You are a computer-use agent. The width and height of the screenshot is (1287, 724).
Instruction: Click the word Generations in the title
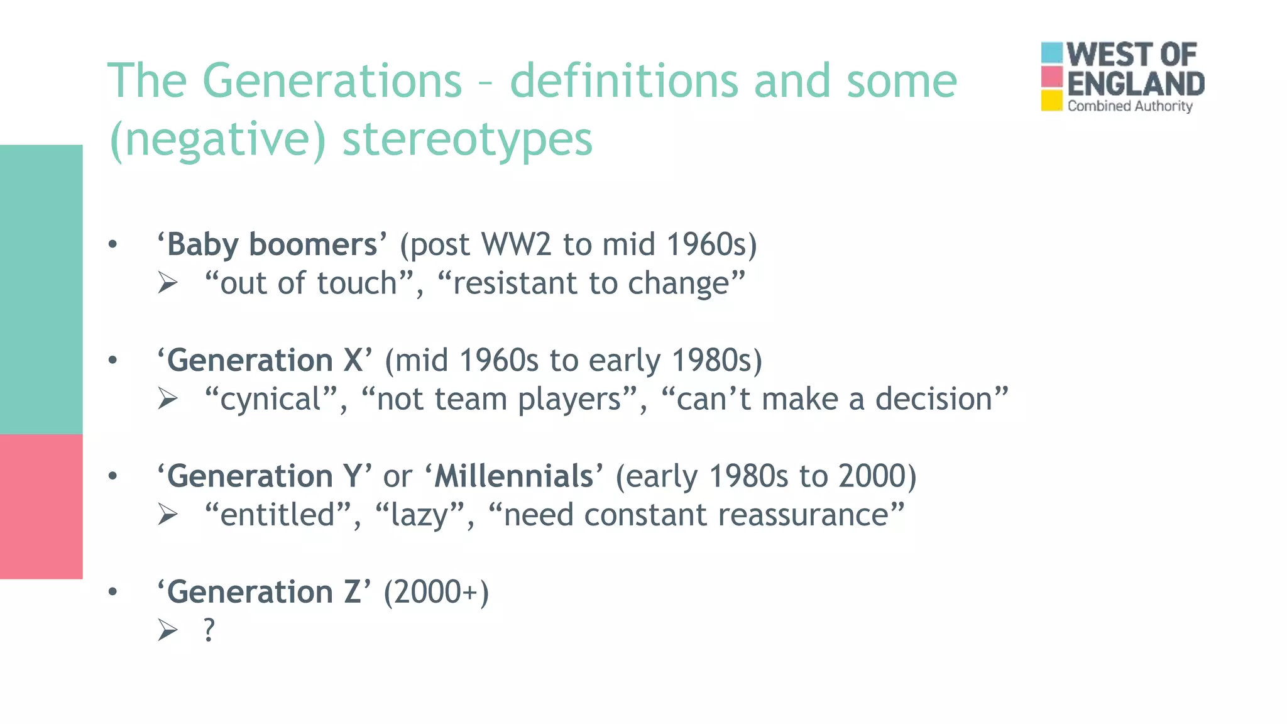tap(332, 82)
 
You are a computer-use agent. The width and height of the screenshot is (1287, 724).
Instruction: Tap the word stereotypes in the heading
tap(467, 140)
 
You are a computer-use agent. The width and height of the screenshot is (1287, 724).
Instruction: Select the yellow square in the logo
tap(1051, 101)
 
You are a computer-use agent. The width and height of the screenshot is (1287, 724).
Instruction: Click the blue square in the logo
tap(1051, 53)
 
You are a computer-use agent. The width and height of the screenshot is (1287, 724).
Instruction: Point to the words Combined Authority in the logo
tap(1129, 106)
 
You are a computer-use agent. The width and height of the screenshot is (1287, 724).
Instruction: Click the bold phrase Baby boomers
tap(272, 244)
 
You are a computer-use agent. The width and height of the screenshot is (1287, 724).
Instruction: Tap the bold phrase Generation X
tap(265, 361)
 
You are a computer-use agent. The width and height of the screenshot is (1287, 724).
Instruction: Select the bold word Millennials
tap(513, 476)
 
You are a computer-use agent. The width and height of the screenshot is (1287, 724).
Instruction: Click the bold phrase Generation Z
tap(264, 592)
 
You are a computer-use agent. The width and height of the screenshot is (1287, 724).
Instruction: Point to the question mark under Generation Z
tap(209, 630)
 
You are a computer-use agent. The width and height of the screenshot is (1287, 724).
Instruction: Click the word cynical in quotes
tap(271, 400)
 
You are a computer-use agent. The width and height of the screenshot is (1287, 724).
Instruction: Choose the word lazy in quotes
tap(419, 515)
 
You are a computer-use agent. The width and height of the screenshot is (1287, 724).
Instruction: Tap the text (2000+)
tap(436, 592)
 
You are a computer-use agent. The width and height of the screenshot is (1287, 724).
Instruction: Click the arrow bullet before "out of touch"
tap(168, 283)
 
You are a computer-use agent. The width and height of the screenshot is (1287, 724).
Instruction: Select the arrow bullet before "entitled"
tap(168, 515)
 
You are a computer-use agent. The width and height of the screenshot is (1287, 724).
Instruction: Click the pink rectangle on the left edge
tap(41, 507)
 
